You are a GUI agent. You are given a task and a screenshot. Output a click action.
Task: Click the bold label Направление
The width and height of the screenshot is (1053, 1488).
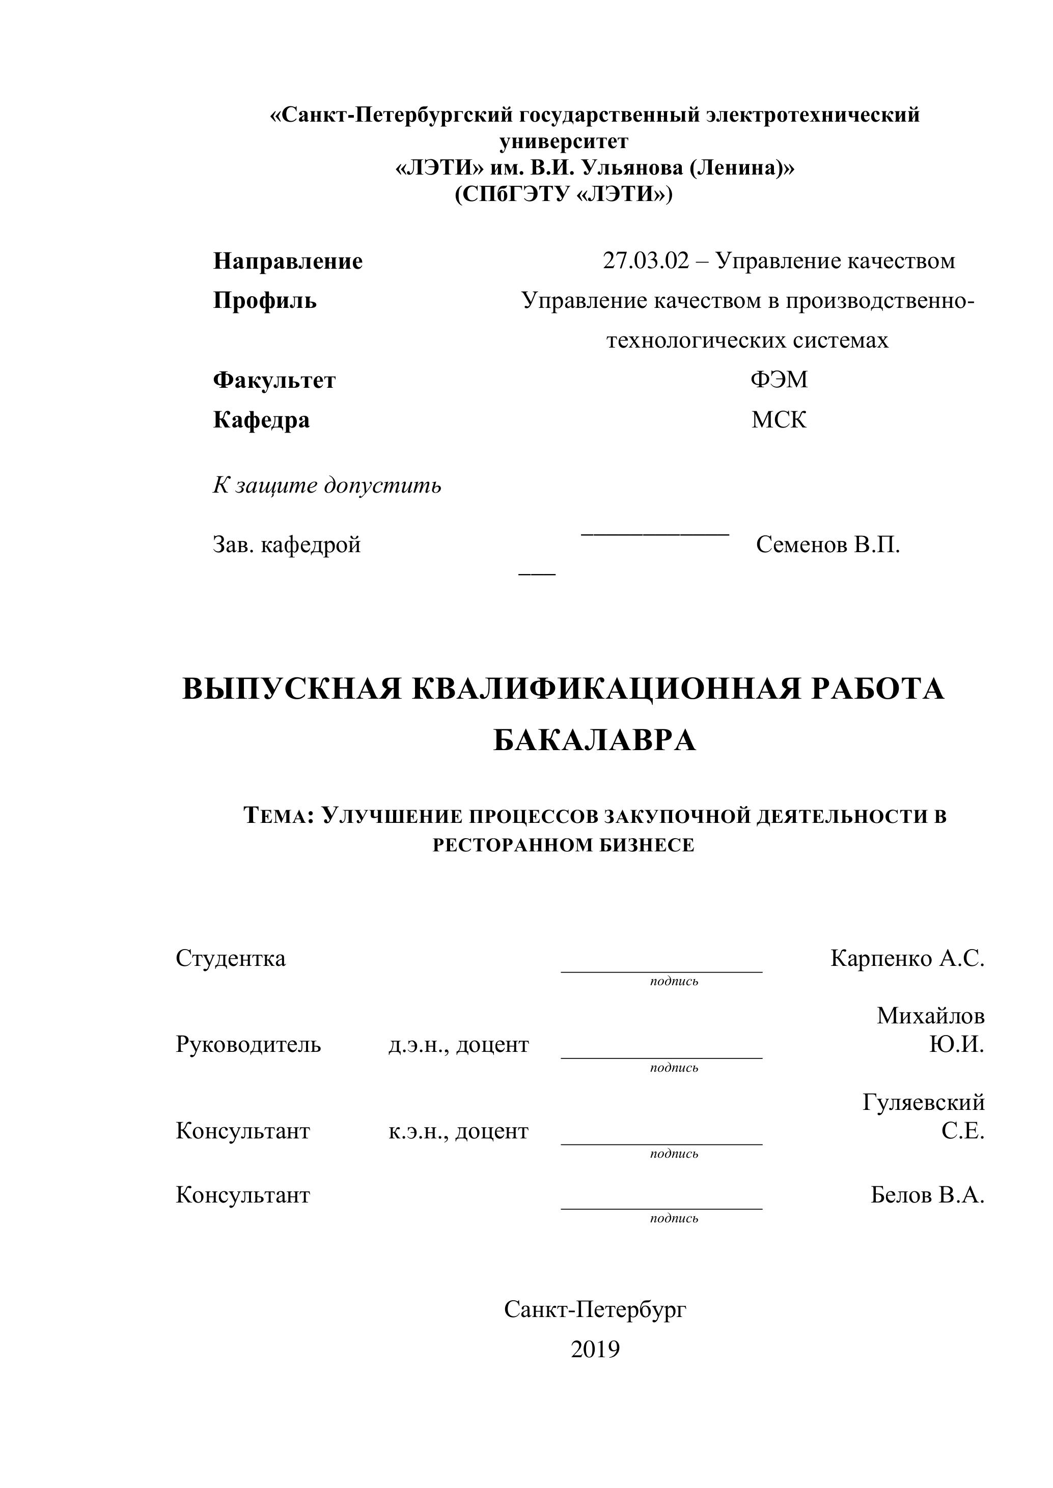pos(288,261)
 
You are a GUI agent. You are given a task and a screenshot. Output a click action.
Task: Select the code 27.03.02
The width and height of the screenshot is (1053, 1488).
pos(645,261)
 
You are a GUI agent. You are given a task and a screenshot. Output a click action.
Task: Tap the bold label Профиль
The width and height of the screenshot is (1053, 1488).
pos(265,301)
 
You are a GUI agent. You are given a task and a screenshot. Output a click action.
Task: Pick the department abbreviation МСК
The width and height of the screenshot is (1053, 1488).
pos(779,420)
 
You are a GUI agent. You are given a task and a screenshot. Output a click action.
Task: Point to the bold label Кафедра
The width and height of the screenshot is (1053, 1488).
pos(261,420)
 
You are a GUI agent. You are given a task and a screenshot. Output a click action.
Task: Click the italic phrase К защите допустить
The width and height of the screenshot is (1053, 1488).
pos(327,485)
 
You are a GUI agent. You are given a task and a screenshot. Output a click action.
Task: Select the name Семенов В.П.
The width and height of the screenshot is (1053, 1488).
pos(827,545)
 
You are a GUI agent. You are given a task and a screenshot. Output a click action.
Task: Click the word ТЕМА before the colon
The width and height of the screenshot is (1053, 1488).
pos(278,816)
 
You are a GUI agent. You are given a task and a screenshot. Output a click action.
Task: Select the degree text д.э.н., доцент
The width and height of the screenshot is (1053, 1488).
pos(458,1045)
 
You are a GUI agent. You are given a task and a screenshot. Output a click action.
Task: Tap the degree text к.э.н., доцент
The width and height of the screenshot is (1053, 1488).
pos(458,1131)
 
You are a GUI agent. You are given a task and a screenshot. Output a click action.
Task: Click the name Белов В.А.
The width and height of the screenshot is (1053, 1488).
pos(927,1194)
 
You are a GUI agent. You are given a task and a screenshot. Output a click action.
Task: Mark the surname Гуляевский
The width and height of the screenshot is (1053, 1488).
pos(923,1102)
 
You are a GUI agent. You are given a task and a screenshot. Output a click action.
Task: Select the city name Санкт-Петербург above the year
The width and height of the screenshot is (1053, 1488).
pos(595,1309)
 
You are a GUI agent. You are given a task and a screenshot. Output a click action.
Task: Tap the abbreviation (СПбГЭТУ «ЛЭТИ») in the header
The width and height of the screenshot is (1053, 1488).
pos(564,194)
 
